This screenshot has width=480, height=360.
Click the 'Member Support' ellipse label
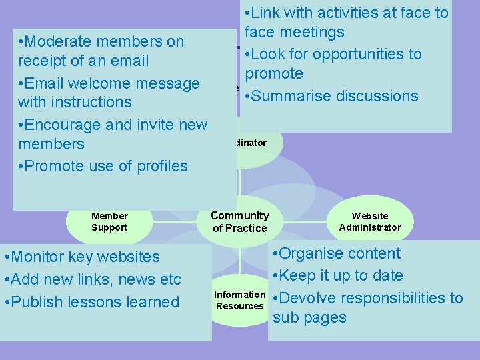coord(109,221)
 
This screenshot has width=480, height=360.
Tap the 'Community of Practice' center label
coord(240,221)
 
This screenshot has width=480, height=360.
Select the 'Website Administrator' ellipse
coord(370,221)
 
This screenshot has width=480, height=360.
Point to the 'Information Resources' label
coord(240,300)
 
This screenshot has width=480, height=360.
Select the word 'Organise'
coord(312,253)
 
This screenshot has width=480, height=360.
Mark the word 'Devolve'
coord(307,298)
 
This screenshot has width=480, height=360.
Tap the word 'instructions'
coord(95,102)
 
